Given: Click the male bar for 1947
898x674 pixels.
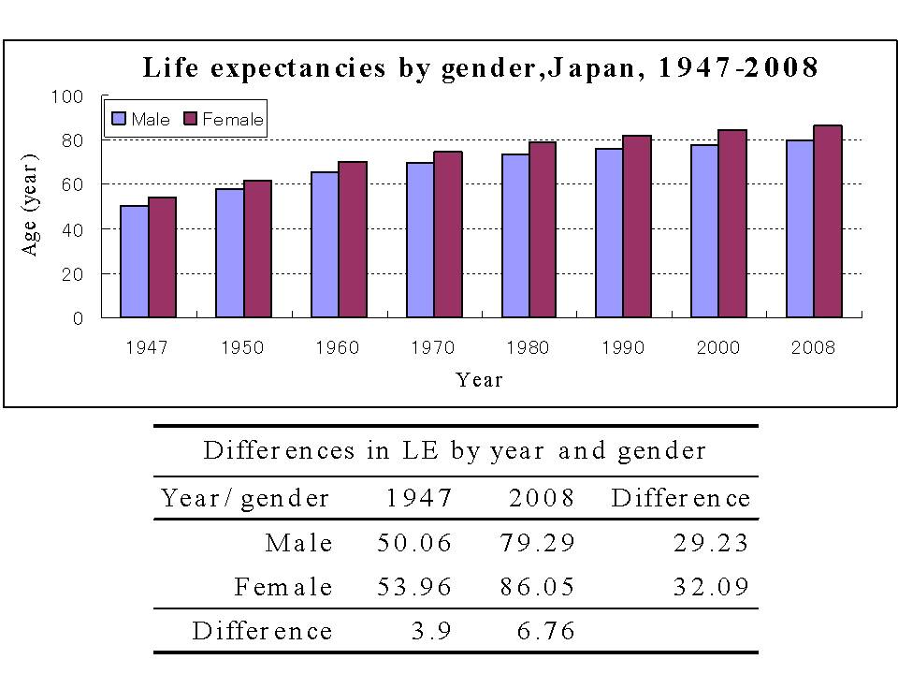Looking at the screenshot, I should [135, 262].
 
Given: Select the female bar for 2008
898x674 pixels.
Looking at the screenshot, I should [828, 222].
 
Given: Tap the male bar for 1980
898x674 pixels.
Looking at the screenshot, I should [515, 236].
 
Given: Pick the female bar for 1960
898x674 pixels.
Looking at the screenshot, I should [353, 240].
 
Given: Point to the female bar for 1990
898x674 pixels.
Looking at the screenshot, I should [637, 227].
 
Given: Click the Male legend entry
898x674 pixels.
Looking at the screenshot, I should [140, 120].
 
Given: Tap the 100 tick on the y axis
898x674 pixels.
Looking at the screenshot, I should [71, 96].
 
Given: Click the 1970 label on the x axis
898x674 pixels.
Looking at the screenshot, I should [432, 348].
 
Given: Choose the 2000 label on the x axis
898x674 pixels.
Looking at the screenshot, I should [717, 348].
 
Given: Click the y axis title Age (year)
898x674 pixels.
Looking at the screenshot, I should [32, 205].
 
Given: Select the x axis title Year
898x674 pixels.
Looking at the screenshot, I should [479, 380].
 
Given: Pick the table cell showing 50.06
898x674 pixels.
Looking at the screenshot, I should [414, 543].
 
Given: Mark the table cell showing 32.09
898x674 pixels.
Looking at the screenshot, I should [712, 588].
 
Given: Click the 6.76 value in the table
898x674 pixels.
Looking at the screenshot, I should [546, 632].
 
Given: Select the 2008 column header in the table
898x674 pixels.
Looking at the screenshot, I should [542, 498].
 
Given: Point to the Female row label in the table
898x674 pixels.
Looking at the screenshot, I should [283, 588].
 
